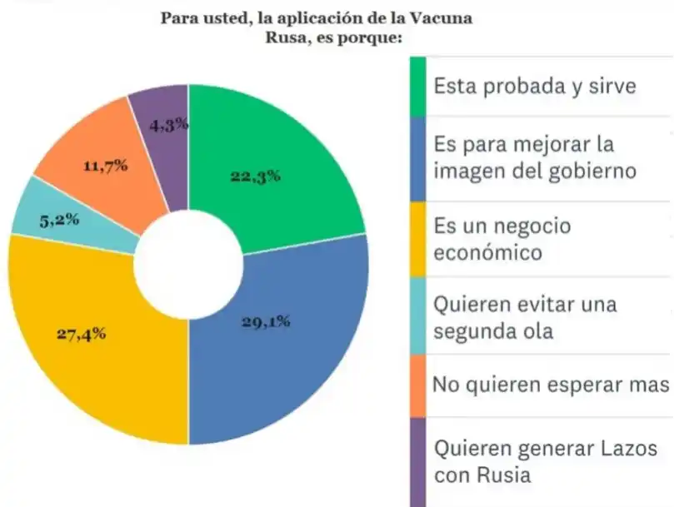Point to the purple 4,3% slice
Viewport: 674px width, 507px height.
(162, 125)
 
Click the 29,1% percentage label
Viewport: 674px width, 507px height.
(267, 322)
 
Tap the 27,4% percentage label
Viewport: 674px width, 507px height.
(81, 334)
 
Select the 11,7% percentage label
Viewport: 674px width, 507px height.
(106, 166)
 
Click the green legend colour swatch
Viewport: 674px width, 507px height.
(417, 86)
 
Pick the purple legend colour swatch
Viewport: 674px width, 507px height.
(417, 462)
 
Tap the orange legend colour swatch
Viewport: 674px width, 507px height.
(417, 385)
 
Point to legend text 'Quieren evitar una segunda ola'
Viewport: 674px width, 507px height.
(525, 317)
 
